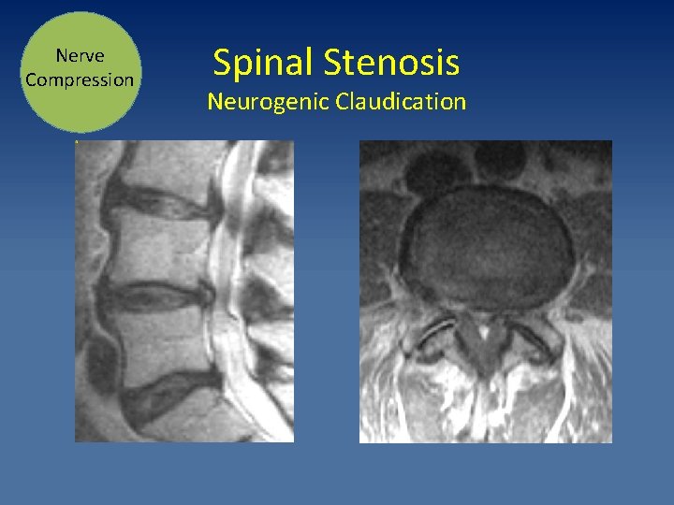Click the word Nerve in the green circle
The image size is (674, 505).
(80, 56)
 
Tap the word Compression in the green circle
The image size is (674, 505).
(80, 79)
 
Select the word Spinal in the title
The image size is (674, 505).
(263, 63)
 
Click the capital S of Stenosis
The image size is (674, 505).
(334, 63)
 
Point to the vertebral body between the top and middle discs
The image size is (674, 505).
(154, 248)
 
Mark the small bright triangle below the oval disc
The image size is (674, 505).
(484, 329)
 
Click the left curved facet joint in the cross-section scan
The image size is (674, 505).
(436, 333)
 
